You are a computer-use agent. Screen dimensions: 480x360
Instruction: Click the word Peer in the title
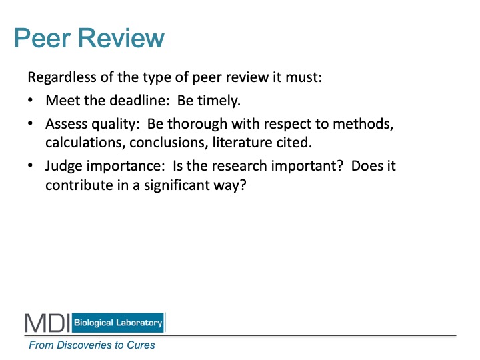43,38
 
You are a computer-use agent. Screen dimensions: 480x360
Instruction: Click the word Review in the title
121,38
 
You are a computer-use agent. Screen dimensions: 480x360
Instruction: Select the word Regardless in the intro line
62,77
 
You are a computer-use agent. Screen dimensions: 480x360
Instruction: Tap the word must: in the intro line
304,77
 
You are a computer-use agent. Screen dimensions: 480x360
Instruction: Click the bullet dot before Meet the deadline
30,100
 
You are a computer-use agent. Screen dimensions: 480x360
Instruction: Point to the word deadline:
139,100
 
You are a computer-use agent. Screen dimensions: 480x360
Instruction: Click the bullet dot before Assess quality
30,123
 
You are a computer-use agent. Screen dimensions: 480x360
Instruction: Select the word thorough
197,124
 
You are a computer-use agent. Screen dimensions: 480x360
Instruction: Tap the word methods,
363,124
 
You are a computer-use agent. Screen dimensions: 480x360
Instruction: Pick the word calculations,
85,143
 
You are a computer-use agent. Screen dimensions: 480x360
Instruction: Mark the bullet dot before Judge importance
30,165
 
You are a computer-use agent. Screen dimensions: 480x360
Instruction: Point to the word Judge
64,166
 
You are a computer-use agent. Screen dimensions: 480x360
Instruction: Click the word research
239,166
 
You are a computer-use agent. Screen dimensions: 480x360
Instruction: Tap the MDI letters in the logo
47,323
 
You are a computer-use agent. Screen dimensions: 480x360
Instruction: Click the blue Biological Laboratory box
118,323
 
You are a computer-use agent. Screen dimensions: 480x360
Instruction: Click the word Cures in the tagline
141,345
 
